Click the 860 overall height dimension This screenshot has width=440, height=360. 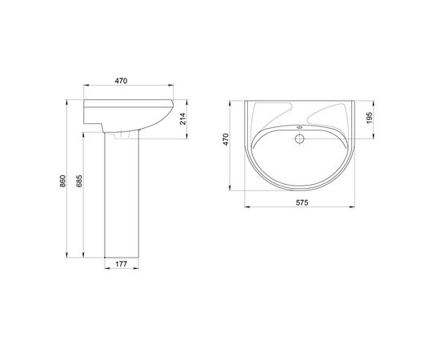[63, 181]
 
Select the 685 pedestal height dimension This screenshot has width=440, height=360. [79, 181]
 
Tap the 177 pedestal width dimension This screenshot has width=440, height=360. [122, 264]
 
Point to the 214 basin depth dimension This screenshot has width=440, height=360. [182, 118]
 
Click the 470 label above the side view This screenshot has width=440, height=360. [122, 81]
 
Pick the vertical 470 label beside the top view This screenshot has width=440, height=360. [226, 139]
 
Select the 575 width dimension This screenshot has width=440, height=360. [302, 202]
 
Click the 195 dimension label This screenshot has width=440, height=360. [370, 118]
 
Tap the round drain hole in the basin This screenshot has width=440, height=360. [300, 138]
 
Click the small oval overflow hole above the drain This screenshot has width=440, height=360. [300, 127]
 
